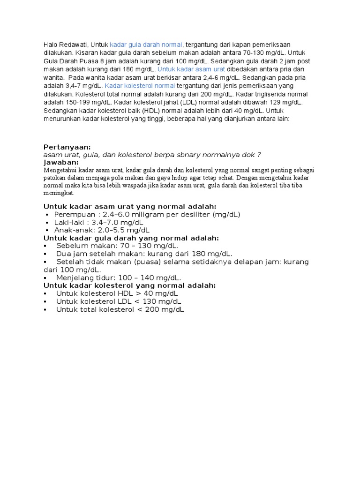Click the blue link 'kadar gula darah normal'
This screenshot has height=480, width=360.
pyautogui.click(x=146, y=44)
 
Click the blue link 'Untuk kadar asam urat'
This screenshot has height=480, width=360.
pyautogui.click(x=191, y=69)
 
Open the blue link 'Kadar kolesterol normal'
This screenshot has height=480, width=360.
pyautogui.click(x=140, y=86)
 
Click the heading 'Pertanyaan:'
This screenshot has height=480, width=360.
pyautogui.click(x=67, y=147)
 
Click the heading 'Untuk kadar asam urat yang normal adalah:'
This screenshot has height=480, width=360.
pyautogui.click(x=130, y=206)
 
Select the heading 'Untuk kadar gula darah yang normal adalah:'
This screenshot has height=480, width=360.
pyautogui.click(x=131, y=238)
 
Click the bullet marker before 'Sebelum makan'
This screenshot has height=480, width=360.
pyautogui.click(x=45, y=246)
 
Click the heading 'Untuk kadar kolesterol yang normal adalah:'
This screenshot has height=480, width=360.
pyautogui.click(x=130, y=285)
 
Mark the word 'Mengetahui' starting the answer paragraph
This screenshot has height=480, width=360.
pyautogui.click(x=60, y=170)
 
